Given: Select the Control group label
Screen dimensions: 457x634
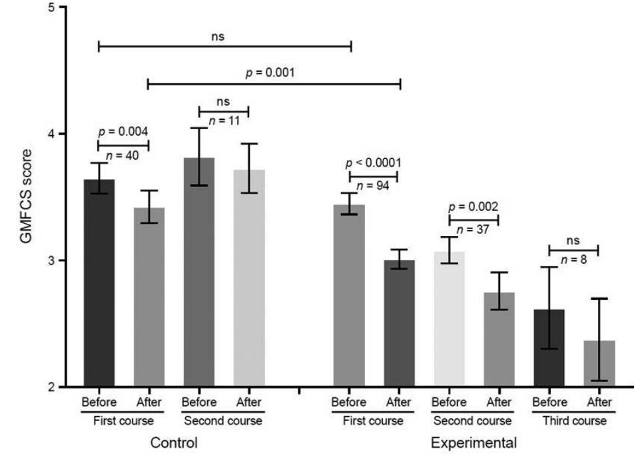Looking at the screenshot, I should (174, 442).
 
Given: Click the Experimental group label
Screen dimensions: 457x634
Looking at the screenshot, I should (474, 442).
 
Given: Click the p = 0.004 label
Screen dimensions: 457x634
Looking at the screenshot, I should (123, 132).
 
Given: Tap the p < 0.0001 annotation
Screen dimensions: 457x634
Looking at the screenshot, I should (374, 163).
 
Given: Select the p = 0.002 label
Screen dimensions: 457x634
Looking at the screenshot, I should (474, 207).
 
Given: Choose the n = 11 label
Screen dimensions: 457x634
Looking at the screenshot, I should (224, 121).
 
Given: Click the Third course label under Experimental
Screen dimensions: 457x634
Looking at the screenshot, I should (573, 421).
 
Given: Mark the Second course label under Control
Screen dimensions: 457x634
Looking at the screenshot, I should (224, 421).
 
